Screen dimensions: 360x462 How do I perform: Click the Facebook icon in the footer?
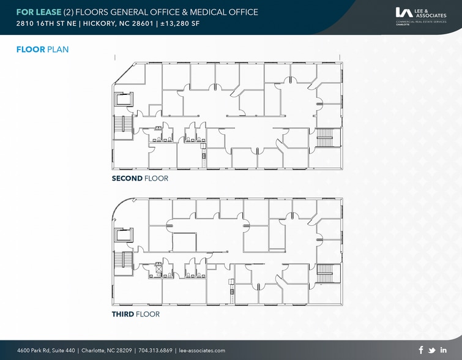click(x=421, y=350)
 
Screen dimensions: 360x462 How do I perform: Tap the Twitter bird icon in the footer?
click(x=432, y=350)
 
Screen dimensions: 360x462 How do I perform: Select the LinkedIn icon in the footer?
click(x=443, y=350)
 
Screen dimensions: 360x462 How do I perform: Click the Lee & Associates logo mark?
click(x=404, y=12)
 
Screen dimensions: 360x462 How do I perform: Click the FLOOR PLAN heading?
click(x=42, y=50)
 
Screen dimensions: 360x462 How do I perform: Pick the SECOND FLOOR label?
click(x=140, y=179)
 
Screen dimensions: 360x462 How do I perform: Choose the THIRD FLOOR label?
click(x=135, y=314)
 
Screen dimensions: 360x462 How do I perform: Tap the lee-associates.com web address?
click(x=203, y=351)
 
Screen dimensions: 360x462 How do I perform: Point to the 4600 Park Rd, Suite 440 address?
click(x=46, y=351)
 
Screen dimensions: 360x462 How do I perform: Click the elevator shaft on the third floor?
click(x=124, y=234)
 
